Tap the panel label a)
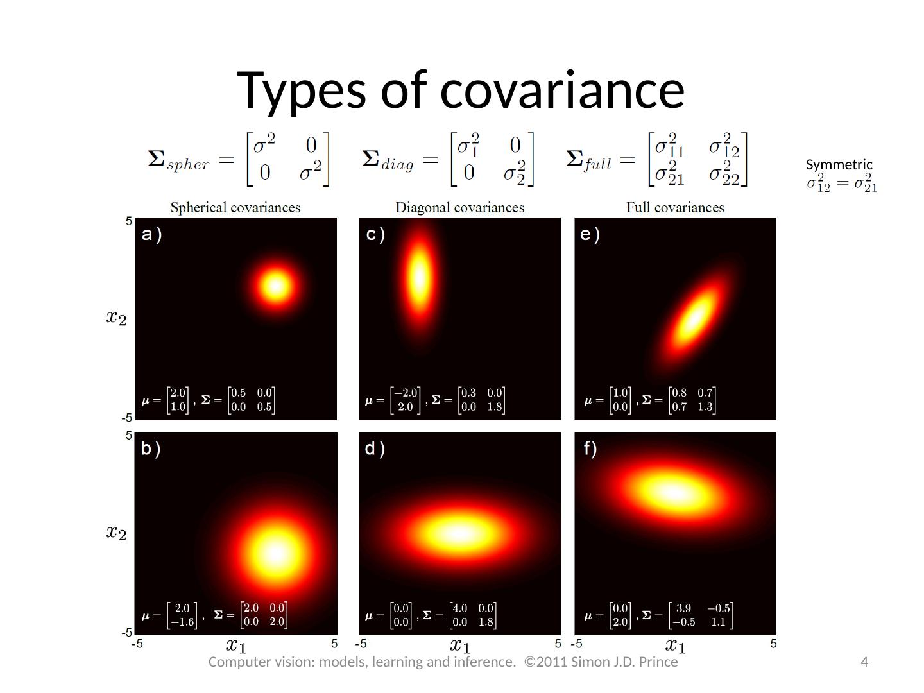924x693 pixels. pyautogui.click(x=152, y=235)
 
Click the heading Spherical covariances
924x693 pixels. pyautogui.click(x=235, y=208)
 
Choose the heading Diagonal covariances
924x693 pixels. pyautogui.click(x=459, y=208)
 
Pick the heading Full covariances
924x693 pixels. pyautogui.click(x=675, y=208)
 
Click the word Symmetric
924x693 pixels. pyautogui.click(x=839, y=165)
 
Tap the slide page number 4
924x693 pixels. pyautogui.click(x=864, y=662)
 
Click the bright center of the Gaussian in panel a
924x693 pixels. pyautogui.click(x=276, y=286)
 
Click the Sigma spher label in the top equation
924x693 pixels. pyautogui.click(x=178, y=160)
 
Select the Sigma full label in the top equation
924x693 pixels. pyautogui.click(x=588, y=160)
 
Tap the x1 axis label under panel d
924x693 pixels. pyautogui.click(x=459, y=645)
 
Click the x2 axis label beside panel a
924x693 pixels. pyautogui.click(x=116, y=317)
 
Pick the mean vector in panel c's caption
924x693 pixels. pyautogui.click(x=405, y=400)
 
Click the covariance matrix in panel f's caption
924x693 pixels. pyautogui.click(x=701, y=615)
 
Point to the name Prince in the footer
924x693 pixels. pyautogui.click(x=658, y=662)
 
